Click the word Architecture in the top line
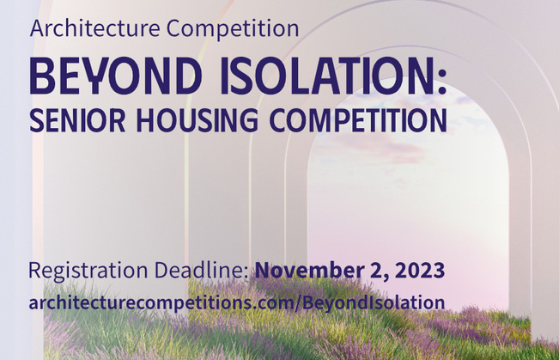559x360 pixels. (94, 27)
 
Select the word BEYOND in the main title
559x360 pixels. (116, 76)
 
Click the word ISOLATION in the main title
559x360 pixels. (327, 76)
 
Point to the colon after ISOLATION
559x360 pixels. (442, 81)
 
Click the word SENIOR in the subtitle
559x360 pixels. (77, 119)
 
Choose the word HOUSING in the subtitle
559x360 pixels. (197, 119)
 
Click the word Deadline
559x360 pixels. (202, 270)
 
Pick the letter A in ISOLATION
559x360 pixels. (325, 76)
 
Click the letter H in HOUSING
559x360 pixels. (147, 119)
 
